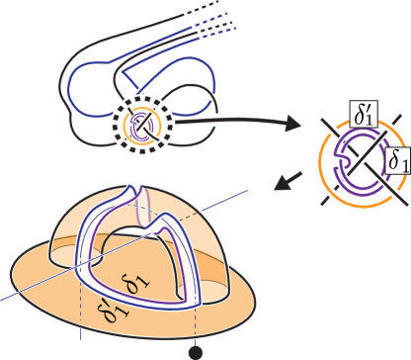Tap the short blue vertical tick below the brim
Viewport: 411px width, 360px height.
click(x=81, y=335)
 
